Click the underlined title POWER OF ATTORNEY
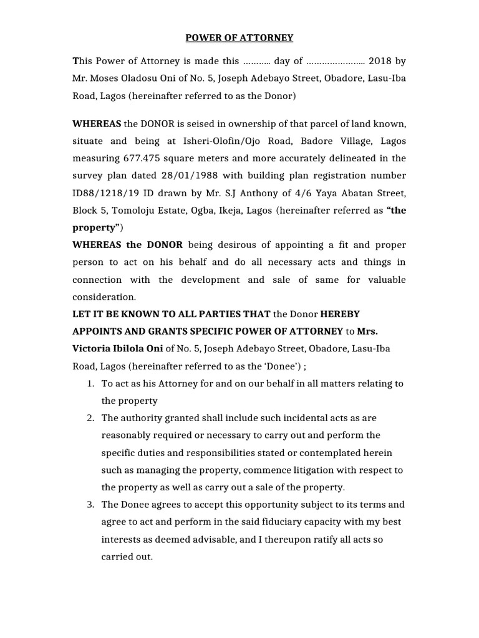(x=239, y=38)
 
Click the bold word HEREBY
(x=340, y=314)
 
